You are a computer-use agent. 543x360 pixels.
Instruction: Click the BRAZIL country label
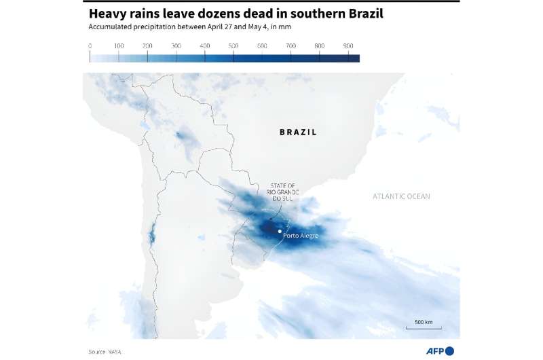tap(298, 132)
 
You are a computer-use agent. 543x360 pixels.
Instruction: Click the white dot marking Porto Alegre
tap(280, 231)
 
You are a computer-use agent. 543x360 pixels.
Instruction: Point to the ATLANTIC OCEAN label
tap(400, 196)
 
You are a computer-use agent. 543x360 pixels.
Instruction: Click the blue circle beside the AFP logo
tap(449, 350)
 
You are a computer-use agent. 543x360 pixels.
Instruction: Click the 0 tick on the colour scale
tap(90, 46)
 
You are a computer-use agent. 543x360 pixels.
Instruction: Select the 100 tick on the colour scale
tap(119, 46)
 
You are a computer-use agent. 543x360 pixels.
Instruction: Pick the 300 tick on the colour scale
tap(176, 46)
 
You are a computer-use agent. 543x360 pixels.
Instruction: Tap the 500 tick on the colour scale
tap(233, 46)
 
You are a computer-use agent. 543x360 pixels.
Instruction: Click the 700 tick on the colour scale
tap(291, 46)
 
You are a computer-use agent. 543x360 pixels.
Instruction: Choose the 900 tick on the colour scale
tap(348, 46)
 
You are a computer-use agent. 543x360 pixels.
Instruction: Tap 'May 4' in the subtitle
tap(258, 28)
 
